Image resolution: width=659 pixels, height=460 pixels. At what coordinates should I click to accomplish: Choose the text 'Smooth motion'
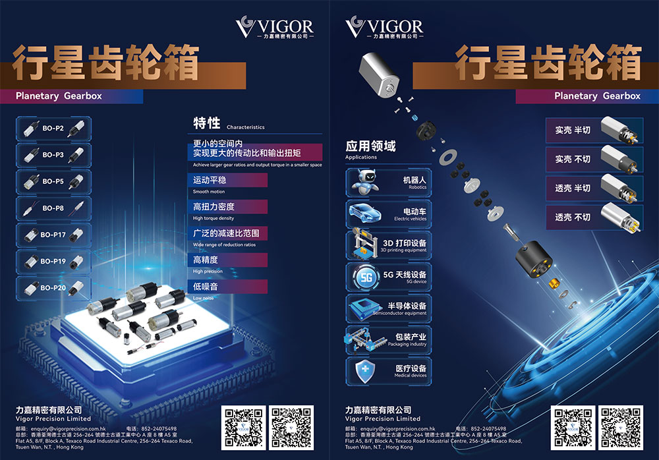tap(209, 192)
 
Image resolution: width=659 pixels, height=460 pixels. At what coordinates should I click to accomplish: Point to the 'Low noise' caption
tap(204, 298)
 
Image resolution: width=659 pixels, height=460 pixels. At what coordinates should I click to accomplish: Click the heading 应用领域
tap(370, 146)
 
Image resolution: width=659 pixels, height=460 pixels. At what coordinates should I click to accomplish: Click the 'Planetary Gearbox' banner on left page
tap(59, 96)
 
